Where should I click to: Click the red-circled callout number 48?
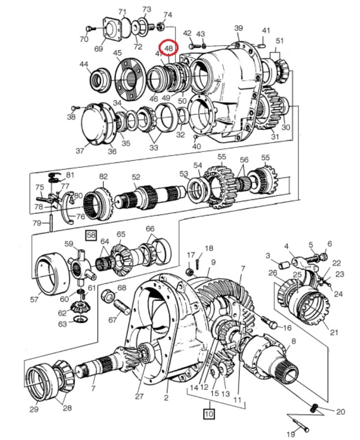click(168, 48)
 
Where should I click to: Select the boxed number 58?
click(91, 235)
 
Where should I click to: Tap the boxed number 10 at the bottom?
click(209, 413)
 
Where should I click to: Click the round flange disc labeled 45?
click(130, 79)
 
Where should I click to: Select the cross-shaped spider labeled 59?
click(82, 267)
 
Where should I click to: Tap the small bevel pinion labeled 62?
click(79, 307)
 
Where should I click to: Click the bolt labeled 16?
click(270, 322)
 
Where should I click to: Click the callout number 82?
click(103, 176)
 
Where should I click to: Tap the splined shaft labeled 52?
click(150, 197)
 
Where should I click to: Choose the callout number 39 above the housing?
click(238, 28)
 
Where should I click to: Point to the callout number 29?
click(34, 409)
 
